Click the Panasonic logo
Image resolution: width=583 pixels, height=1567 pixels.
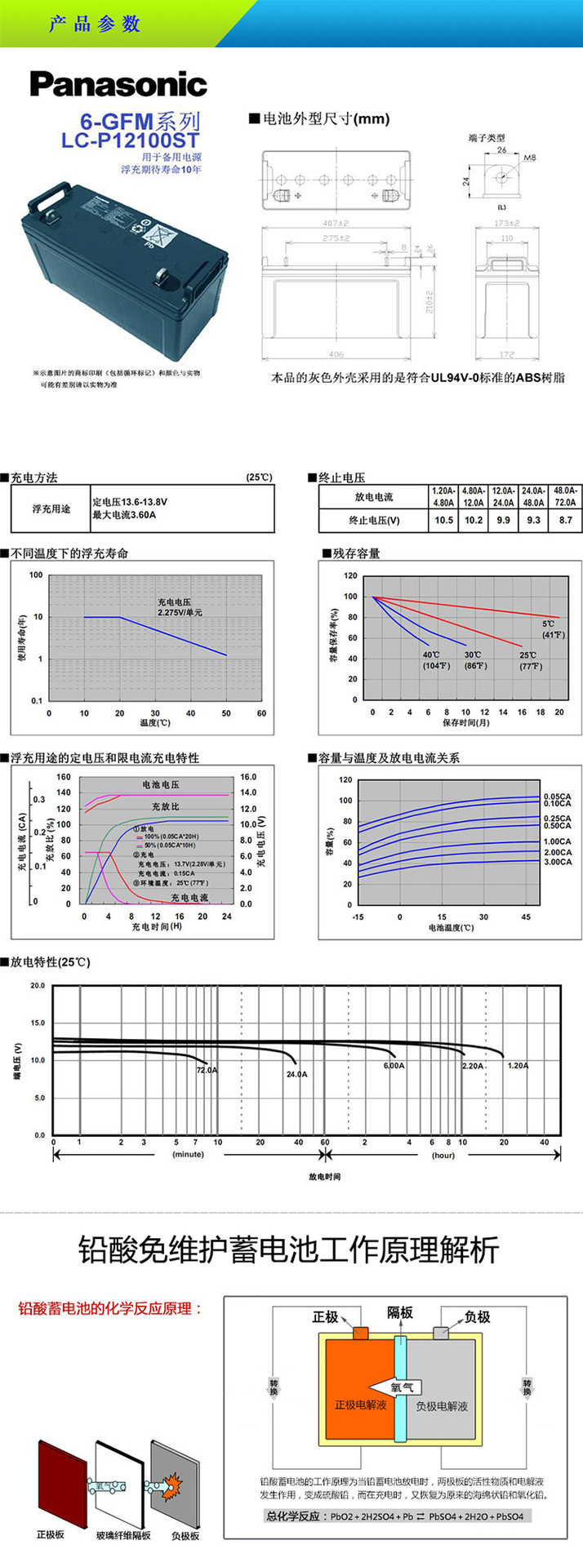(x=119, y=85)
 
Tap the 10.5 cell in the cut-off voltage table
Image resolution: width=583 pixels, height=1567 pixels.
(x=443, y=520)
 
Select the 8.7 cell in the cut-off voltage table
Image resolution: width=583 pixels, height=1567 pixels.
(x=565, y=520)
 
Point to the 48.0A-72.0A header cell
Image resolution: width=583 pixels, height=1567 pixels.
(x=565, y=496)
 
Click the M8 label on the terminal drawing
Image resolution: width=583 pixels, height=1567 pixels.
(x=530, y=156)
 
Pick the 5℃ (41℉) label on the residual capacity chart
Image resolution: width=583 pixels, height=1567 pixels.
(x=553, y=629)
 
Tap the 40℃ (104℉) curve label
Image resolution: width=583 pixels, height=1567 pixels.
(x=432, y=660)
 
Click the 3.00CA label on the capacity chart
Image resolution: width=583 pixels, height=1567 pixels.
(x=558, y=862)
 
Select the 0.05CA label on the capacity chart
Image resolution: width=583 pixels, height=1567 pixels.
(x=558, y=796)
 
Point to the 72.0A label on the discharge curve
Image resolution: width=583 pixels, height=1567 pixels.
(x=207, y=1069)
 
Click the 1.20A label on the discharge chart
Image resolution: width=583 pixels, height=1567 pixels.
(x=518, y=1066)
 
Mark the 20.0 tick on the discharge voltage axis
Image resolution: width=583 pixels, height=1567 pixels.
(x=38, y=986)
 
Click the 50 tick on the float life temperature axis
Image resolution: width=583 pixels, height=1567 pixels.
(x=226, y=713)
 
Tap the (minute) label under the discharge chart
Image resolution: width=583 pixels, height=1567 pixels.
(x=188, y=1155)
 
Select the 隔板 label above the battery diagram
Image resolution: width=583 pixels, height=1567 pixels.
(x=400, y=1312)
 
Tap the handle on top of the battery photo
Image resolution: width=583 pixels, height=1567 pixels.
(x=56, y=196)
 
